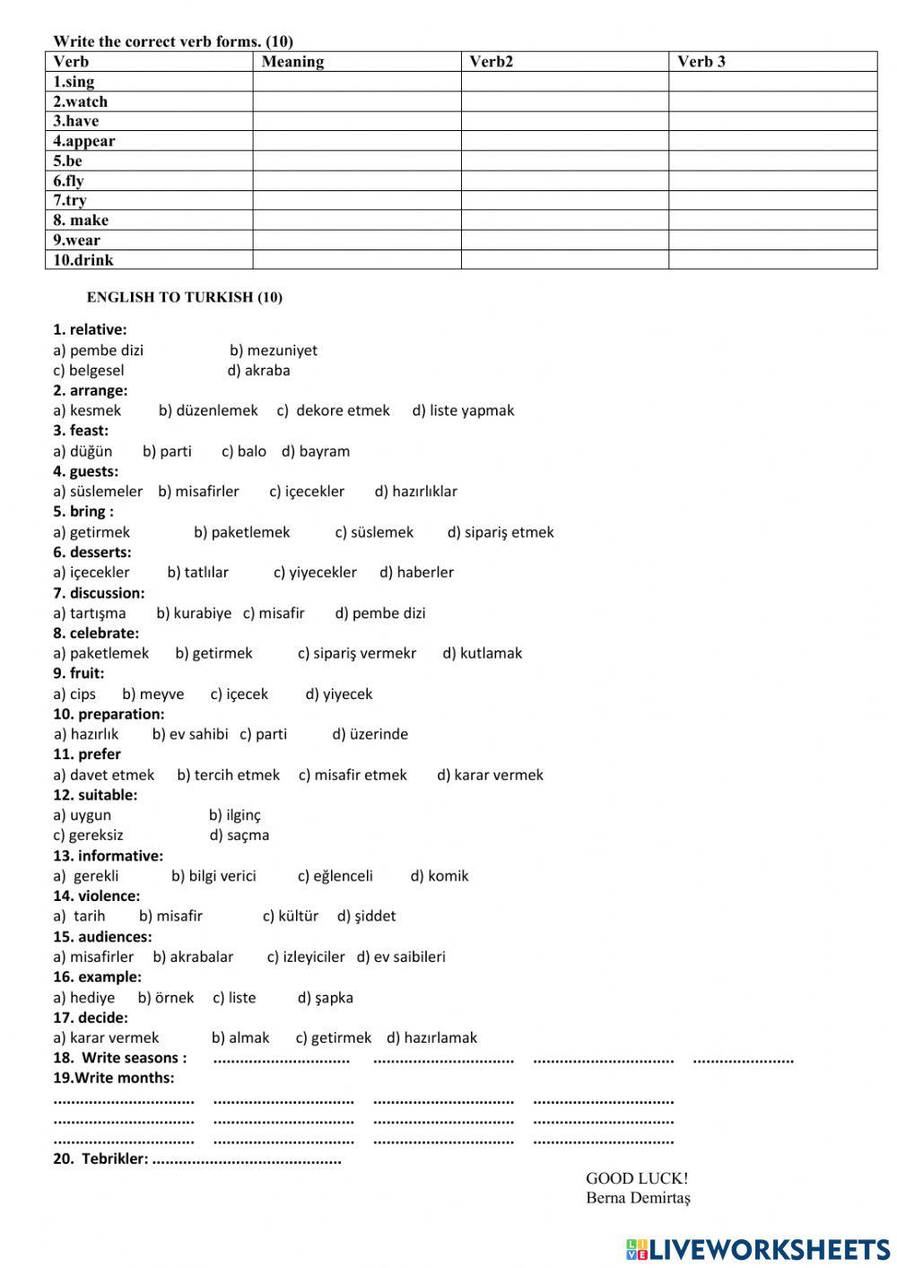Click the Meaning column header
point(292,62)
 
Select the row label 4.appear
point(83,141)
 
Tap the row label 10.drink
point(83,260)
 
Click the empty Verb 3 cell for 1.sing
point(772,82)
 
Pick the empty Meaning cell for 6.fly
point(356,180)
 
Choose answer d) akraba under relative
point(258,370)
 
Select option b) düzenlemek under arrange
point(208,410)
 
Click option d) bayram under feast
point(316,450)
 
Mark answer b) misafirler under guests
point(198,491)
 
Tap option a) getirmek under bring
point(91,532)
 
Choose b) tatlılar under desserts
point(197,572)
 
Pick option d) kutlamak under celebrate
point(482,653)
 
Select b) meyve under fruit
point(152,694)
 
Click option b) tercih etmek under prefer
point(228,774)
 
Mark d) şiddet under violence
point(366,915)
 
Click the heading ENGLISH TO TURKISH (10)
point(184,297)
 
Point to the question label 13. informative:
point(108,855)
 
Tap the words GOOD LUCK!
point(637,1178)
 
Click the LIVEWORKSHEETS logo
point(758,1249)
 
